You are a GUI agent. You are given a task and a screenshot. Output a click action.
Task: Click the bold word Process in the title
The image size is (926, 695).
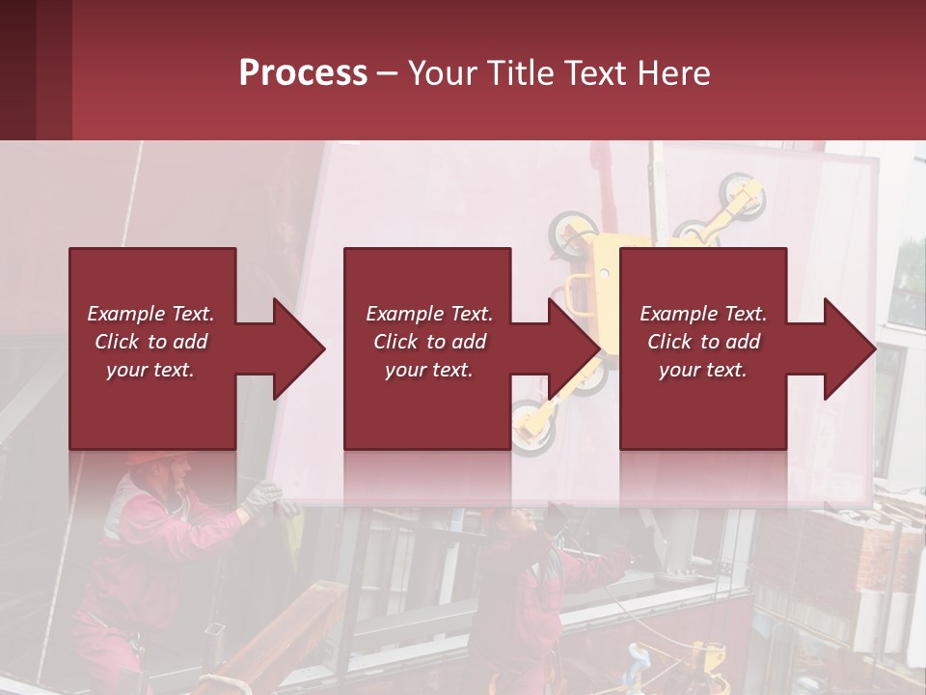[303, 73]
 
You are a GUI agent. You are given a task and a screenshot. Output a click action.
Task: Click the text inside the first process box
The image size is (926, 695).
[150, 342]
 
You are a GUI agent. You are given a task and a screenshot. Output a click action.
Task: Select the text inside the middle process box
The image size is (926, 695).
[429, 342]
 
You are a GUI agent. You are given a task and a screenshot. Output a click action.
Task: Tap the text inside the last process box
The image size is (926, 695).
[703, 342]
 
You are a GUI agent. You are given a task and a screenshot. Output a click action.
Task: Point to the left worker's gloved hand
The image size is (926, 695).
[260, 498]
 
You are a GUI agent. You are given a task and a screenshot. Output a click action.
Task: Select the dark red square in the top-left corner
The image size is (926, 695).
[35, 69]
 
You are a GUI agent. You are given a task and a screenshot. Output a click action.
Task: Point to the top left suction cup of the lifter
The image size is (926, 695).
[569, 232]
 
